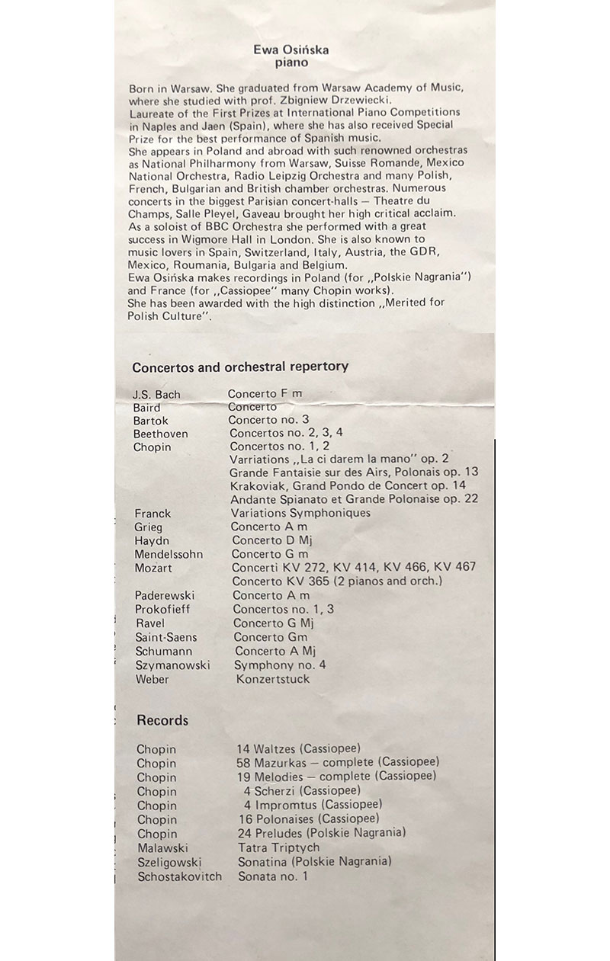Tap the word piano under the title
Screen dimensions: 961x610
(x=291, y=63)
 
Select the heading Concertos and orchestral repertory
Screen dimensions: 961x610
(x=240, y=367)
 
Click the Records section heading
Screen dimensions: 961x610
(x=162, y=720)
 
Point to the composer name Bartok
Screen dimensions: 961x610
(x=151, y=421)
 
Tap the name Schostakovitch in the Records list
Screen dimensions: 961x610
(x=180, y=876)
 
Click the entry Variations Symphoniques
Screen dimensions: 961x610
(x=300, y=513)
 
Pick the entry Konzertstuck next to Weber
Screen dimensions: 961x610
(x=273, y=679)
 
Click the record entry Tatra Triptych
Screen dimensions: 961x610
(x=278, y=847)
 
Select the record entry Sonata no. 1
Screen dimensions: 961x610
(x=273, y=876)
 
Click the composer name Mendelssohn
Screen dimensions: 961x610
(x=169, y=554)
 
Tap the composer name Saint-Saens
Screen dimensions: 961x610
(x=166, y=637)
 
